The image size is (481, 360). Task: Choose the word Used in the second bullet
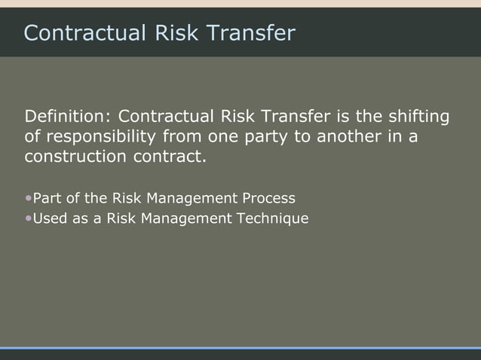50,218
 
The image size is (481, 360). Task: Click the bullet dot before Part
29,199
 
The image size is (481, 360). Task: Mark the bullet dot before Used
29,218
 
